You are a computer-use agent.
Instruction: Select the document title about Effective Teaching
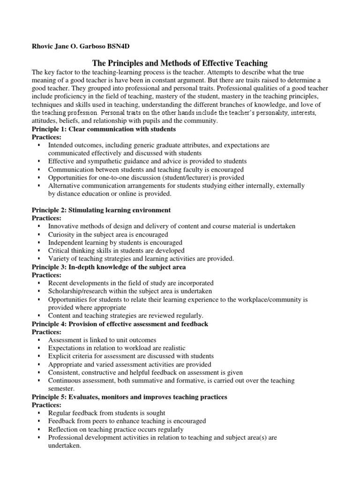pyautogui.click(x=180, y=63)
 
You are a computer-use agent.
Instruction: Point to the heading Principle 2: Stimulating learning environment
pyautogui.click(x=101, y=210)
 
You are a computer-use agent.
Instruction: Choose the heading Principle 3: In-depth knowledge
pyautogui.click(x=109, y=267)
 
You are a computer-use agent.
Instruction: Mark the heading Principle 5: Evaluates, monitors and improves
pyautogui.click(x=129, y=397)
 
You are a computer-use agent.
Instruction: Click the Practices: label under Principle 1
pyautogui.click(x=46, y=137)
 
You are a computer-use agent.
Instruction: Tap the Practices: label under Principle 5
pyautogui.click(x=46, y=405)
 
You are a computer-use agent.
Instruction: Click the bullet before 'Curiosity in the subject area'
pyautogui.click(x=38, y=234)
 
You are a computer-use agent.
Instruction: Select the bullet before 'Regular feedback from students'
pyautogui.click(x=38, y=413)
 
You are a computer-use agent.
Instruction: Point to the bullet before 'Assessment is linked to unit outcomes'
pyautogui.click(x=38, y=340)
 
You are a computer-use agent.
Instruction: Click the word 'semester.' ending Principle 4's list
pyautogui.click(x=61, y=389)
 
